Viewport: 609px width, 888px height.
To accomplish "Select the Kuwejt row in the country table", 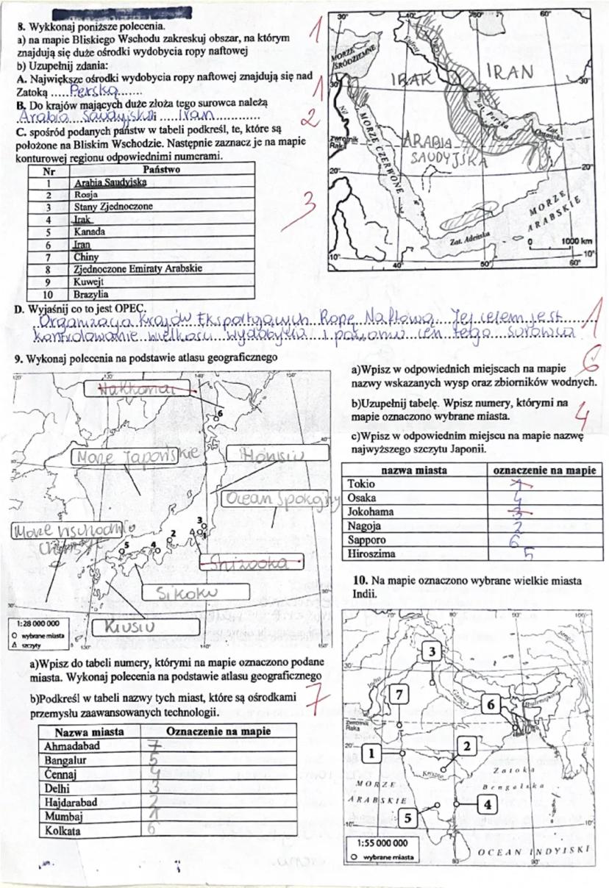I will pos(88,281).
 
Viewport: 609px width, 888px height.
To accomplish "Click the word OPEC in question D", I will pos(129,307).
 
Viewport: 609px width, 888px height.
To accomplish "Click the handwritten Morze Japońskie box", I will pos(135,456).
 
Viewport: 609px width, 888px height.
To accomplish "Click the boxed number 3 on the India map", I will pos(432,651).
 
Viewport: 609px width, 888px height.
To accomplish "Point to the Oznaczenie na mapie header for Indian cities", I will pos(218,731).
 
